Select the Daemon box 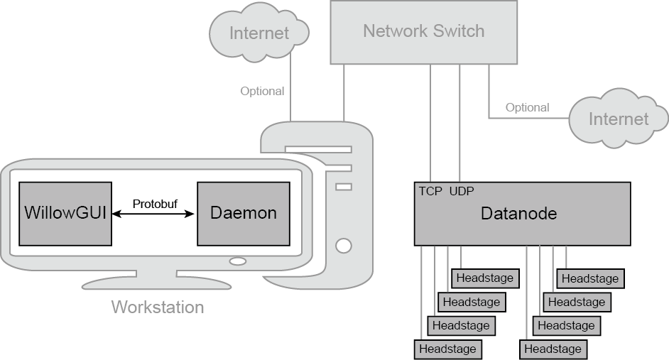[244, 213]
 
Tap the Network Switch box [423, 32]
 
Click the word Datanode [518, 213]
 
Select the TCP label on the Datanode [430, 191]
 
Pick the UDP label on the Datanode [462, 191]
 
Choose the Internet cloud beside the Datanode [618, 119]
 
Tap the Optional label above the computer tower [262, 91]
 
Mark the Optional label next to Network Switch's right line [527, 107]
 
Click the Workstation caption [158, 307]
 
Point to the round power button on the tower [344, 246]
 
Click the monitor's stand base [157, 282]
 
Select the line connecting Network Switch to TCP [430, 121]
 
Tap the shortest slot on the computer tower [344, 187]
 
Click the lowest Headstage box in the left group [447, 349]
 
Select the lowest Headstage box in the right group [553, 349]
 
